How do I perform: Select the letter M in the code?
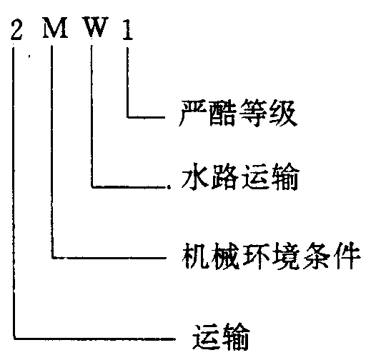pyautogui.click(x=55, y=28)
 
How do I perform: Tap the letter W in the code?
pyautogui.click(x=97, y=27)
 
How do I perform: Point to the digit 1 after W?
pyautogui.click(x=127, y=29)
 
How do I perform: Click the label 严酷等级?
pyautogui.click(x=238, y=113)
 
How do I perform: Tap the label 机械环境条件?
pyautogui.click(x=271, y=255)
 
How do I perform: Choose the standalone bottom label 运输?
pyautogui.click(x=221, y=336)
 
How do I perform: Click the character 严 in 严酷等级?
pyautogui.click(x=192, y=113)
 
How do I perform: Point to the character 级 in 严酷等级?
pyautogui.click(x=284, y=113)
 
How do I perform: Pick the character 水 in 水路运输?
pyautogui.click(x=194, y=176)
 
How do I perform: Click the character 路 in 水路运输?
pyautogui.click(x=224, y=176)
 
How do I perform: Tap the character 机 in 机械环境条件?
pyautogui.click(x=195, y=255)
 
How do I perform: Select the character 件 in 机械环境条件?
pyautogui.click(x=347, y=255)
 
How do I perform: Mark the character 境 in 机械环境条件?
pyautogui.click(x=286, y=255)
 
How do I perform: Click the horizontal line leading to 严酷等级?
pyautogui.click(x=146, y=117)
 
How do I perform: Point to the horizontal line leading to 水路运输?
pyautogui.click(x=129, y=186)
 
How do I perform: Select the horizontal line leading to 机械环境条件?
pyautogui.click(x=109, y=258)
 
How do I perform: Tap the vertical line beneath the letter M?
pyautogui.click(x=52, y=152)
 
